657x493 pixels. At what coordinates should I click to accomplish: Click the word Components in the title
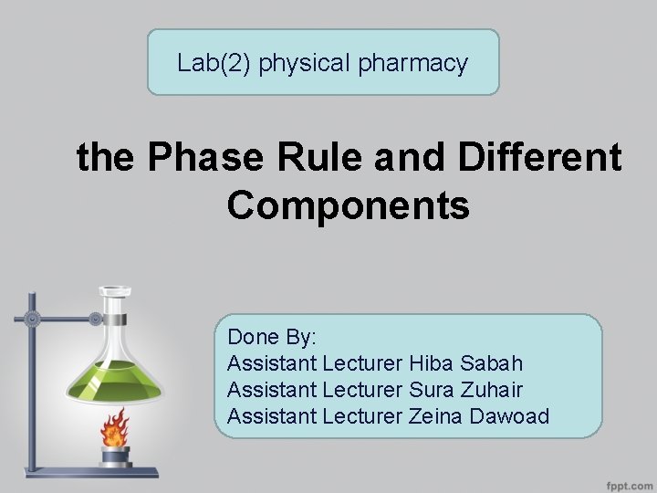[348, 205]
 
